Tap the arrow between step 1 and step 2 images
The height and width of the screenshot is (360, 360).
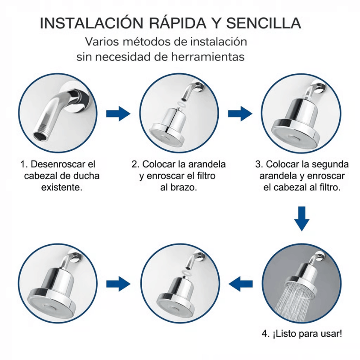tap(118, 114)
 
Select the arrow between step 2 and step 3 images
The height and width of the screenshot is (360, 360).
tap(239, 114)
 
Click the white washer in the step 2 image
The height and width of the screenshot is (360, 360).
tap(181, 103)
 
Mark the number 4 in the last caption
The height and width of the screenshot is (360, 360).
tap(265, 334)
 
